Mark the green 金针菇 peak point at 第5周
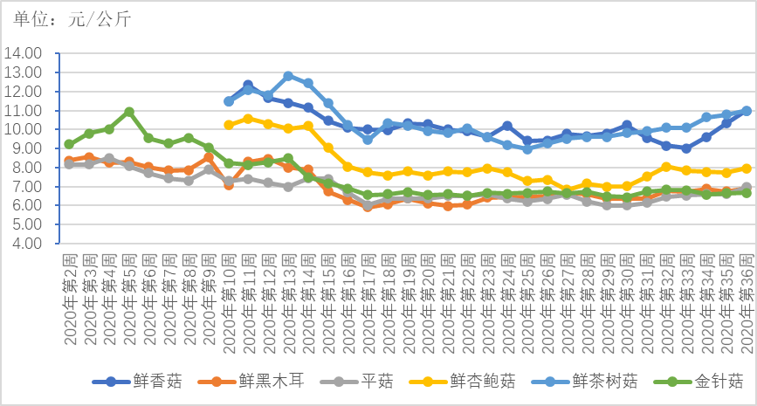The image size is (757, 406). click(x=129, y=112)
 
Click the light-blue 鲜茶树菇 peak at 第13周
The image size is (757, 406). click(x=288, y=76)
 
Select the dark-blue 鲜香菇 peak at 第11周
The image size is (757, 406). click(x=248, y=85)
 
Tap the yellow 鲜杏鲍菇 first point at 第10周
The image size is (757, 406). click(x=229, y=125)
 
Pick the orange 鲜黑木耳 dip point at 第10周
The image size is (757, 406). click(x=229, y=185)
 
